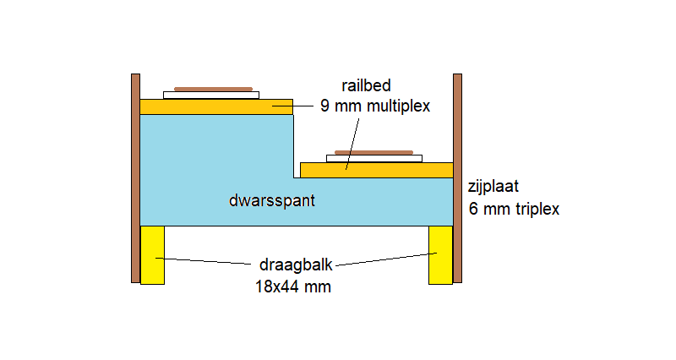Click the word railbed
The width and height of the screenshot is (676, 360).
[366, 85]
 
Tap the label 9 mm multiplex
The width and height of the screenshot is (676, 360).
[375, 106]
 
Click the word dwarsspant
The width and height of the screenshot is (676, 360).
[272, 200]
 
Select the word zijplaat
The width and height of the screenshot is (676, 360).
[493, 187]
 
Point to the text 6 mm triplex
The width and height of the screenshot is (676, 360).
[514, 209]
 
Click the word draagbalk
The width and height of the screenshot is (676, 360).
[296, 265]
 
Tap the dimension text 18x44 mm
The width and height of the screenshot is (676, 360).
[293, 286]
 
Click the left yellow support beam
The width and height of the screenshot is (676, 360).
[153, 255]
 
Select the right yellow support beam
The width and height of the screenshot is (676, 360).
[440, 255]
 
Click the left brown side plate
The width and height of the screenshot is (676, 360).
[135, 178]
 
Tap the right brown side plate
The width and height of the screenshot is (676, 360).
[457, 178]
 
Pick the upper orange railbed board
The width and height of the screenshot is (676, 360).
[216, 107]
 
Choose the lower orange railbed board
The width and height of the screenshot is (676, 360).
[376, 171]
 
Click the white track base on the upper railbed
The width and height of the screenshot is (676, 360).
[211, 95]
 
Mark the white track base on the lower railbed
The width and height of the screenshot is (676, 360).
[374, 159]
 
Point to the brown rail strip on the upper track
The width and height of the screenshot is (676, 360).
[214, 90]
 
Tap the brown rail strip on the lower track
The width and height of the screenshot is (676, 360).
[373, 152]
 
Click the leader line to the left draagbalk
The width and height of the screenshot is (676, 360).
[204, 261]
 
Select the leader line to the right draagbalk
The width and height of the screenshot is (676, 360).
[386, 259]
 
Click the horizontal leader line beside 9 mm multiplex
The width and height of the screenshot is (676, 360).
[292, 106]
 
